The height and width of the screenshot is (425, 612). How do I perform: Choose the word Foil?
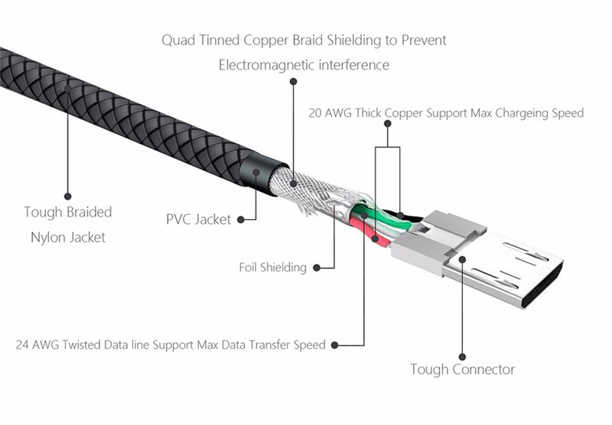[x=251, y=268]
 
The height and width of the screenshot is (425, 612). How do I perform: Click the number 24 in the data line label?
[x=23, y=344]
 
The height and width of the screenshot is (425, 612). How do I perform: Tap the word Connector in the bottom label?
[x=481, y=370]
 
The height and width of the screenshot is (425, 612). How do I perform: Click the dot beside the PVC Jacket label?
[x=240, y=219]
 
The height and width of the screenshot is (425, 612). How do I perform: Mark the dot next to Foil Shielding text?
[x=315, y=268]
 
